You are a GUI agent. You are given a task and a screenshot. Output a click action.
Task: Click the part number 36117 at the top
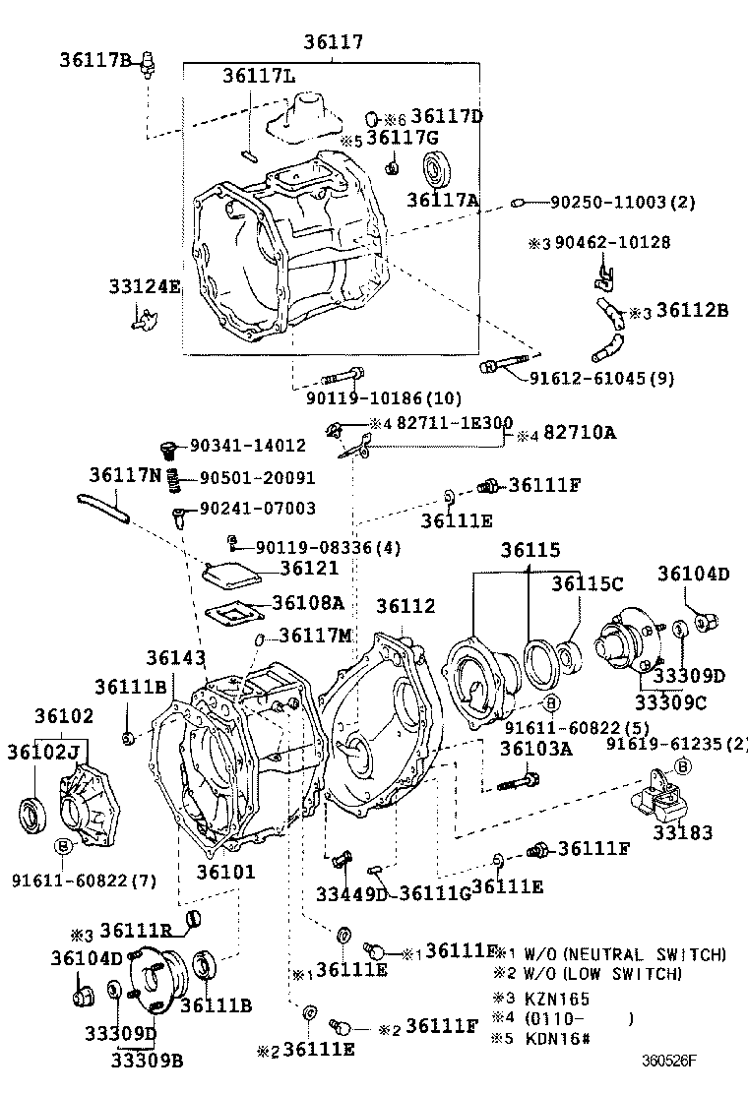(x=333, y=42)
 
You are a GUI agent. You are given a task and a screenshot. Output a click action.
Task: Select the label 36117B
(x=95, y=61)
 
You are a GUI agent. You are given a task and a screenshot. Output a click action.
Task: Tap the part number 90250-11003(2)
(x=622, y=202)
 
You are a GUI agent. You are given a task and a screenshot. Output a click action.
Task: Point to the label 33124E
(x=146, y=286)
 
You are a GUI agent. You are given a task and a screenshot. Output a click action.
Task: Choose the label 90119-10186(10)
(x=370, y=398)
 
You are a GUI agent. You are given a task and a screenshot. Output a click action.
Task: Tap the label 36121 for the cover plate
(x=308, y=568)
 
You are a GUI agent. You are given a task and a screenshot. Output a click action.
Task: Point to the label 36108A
(x=307, y=603)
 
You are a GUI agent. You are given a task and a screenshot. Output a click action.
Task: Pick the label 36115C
(x=588, y=583)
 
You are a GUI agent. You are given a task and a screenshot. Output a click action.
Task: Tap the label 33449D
(x=351, y=892)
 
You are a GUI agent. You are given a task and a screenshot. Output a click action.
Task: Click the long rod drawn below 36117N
(x=102, y=506)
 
